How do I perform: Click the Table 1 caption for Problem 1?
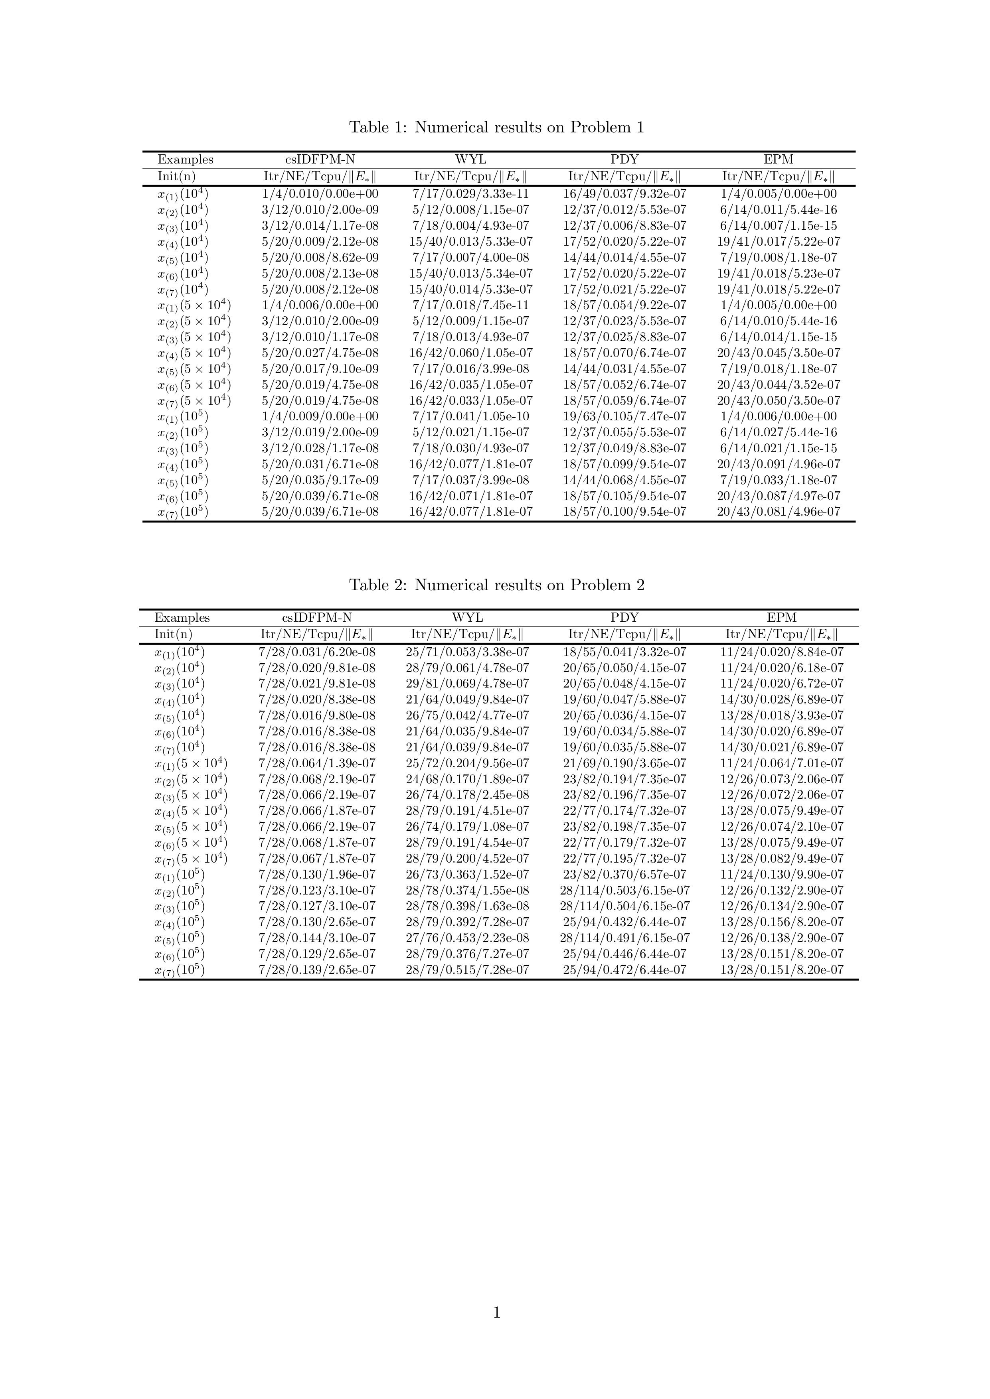pos(496,127)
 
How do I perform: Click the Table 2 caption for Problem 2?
pos(496,585)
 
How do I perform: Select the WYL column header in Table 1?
pos(470,160)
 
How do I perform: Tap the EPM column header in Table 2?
pos(782,618)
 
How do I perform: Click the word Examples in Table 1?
pos(185,160)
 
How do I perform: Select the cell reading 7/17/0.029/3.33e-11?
pos(470,194)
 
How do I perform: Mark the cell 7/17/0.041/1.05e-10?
pos(470,417)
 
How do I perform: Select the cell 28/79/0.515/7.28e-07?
pos(468,970)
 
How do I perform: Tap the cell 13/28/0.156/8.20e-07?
pos(782,922)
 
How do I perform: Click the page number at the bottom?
pos(496,1330)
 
